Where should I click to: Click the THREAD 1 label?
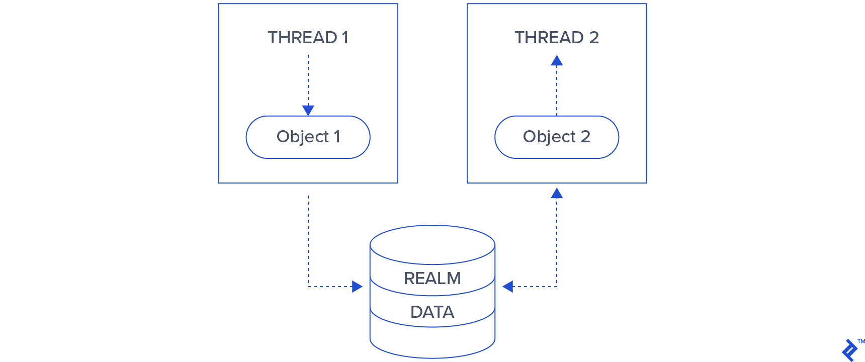[308, 38]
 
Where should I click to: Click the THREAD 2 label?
[556, 38]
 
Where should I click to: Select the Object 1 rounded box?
[308, 137]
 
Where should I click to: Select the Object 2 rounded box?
[556, 137]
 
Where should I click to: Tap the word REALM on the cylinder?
[432, 278]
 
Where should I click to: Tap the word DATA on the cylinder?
[432, 312]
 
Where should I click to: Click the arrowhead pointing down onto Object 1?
[308, 110]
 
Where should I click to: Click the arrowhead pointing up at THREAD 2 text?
[557, 61]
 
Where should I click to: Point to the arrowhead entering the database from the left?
[357, 287]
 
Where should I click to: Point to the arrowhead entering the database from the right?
[508, 287]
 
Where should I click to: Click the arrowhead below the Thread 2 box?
[557, 194]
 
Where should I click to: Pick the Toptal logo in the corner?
[849, 350]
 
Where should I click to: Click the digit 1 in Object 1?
[337, 137]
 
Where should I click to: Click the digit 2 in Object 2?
[585, 137]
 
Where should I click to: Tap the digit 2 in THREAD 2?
[594, 38]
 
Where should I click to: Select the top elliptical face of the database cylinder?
[432, 244]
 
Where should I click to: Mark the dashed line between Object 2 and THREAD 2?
[557, 93]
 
